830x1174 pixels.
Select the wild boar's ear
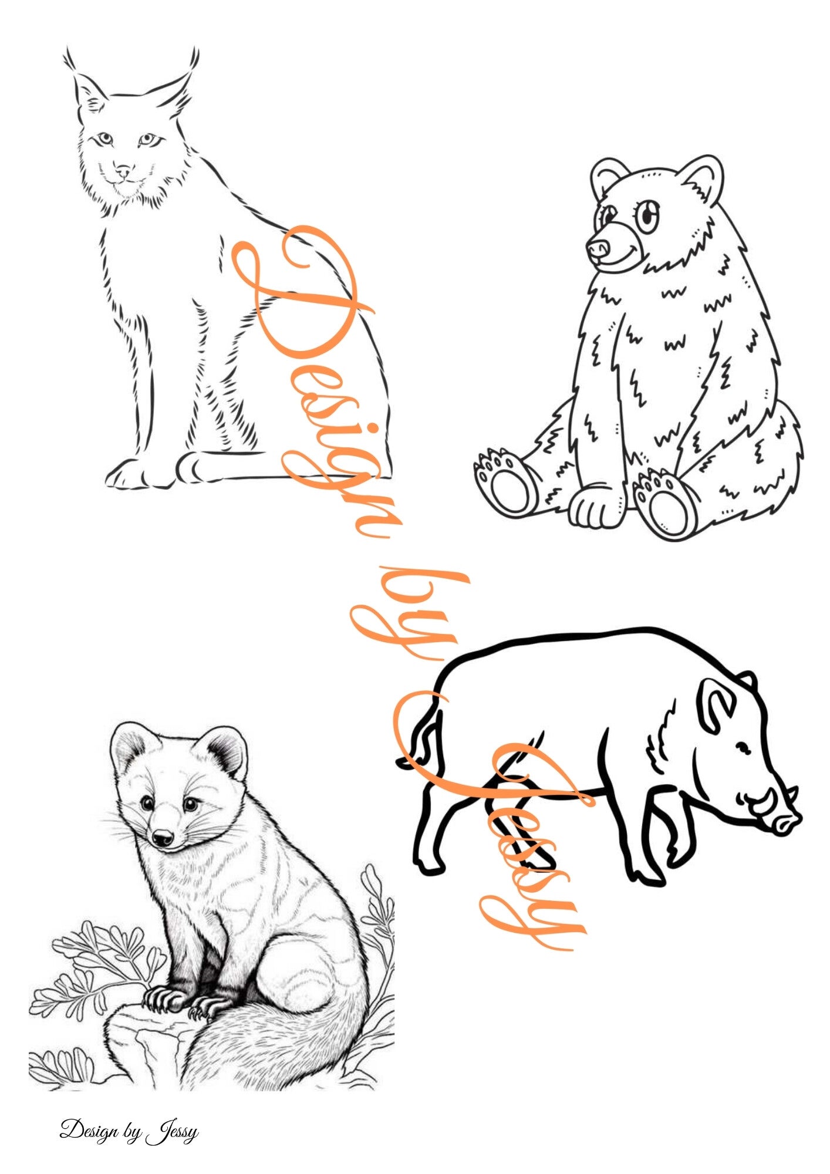(x=717, y=701)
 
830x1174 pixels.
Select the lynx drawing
(x=229, y=270)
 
